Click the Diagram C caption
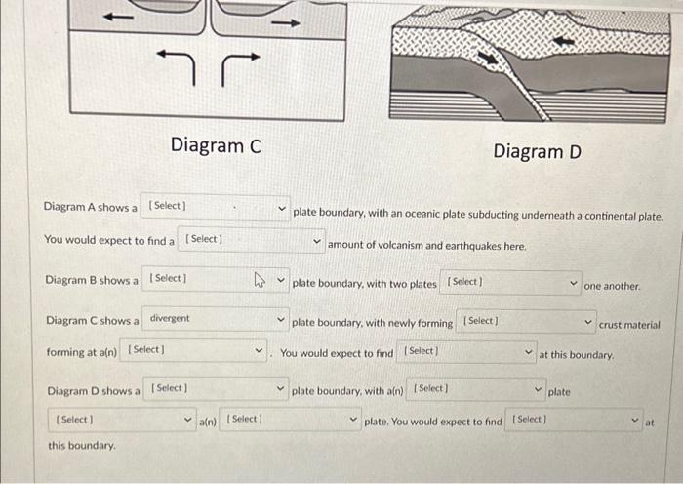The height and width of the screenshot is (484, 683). click(x=216, y=145)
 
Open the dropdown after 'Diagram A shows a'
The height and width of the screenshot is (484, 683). click(x=216, y=207)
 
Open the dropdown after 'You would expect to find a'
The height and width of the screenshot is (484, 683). click(x=253, y=240)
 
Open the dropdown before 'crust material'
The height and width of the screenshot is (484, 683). click(x=527, y=322)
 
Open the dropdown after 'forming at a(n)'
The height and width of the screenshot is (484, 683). click(x=195, y=351)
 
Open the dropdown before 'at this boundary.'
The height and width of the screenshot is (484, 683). click(x=467, y=352)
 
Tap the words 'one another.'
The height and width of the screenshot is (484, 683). click(x=612, y=287)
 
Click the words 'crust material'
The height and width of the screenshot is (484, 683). click(x=628, y=325)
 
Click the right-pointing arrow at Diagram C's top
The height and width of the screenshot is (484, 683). click(x=284, y=21)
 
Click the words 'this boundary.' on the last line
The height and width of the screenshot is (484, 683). click(x=82, y=446)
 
